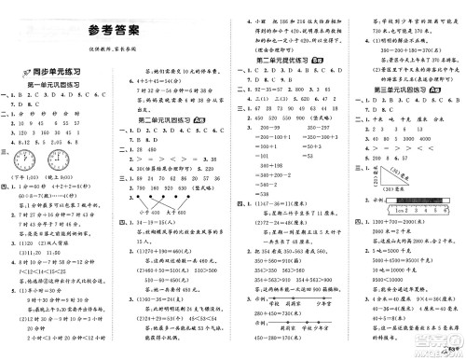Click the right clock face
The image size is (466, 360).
pos(66,153)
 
